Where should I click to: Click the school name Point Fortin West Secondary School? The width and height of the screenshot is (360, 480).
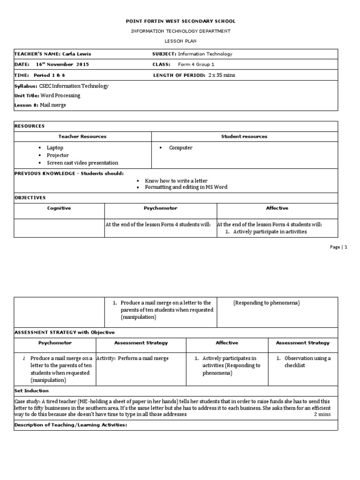(181, 21)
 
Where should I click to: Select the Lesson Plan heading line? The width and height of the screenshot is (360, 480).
(181, 41)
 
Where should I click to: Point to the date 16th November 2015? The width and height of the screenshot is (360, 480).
(62, 64)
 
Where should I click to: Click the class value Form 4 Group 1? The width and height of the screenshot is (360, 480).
(196, 64)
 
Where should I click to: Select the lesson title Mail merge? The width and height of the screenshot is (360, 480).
(53, 105)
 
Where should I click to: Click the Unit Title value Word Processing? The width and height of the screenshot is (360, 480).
(60, 96)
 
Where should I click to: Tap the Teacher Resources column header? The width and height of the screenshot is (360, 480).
(82, 136)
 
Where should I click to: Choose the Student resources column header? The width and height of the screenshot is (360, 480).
(244, 136)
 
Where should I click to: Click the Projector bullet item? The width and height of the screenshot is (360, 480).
(58, 155)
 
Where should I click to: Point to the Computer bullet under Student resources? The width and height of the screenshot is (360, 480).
(180, 148)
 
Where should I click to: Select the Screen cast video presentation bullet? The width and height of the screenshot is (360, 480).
(82, 163)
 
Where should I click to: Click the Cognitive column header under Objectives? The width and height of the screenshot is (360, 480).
(59, 208)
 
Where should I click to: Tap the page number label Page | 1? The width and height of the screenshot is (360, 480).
(338, 247)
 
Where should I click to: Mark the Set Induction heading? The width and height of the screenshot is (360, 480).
(31, 390)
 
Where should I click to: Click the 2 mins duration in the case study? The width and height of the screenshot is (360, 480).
(322, 414)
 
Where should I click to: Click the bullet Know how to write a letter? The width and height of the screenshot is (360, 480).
(176, 180)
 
